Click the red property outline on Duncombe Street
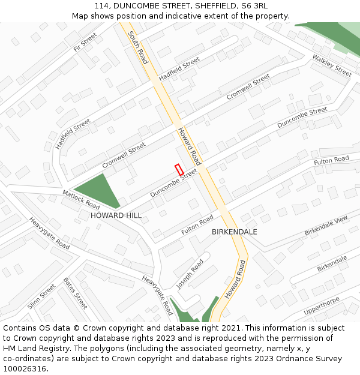point(179,170)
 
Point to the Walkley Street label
point(332,65)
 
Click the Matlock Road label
point(81,200)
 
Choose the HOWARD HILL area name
point(116,215)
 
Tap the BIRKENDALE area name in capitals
point(235,232)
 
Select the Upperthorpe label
point(322,306)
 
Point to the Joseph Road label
point(190,274)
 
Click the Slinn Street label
point(41,296)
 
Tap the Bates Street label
point(76,293)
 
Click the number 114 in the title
point(101,5)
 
